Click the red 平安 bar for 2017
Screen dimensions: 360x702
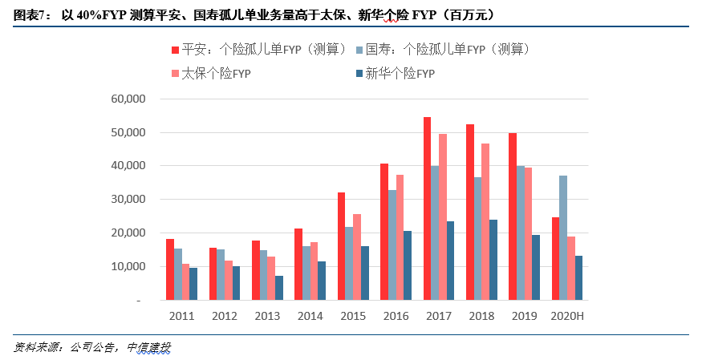click(428, 208)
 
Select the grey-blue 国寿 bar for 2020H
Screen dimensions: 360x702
click(563, 237)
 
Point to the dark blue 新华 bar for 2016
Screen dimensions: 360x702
click(408, 265)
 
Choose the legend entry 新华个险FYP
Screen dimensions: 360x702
click(400, 74)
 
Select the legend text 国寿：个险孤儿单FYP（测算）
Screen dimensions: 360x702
click(448, 50)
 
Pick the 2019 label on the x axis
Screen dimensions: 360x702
click(525, 316)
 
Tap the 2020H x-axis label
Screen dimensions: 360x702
click(567, 316)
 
